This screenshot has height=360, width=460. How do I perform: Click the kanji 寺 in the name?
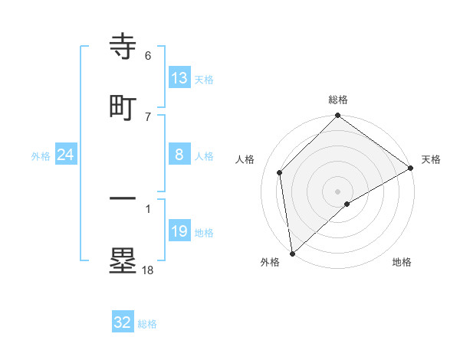(123, 47)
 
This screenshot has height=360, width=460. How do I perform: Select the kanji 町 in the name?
(123, 108)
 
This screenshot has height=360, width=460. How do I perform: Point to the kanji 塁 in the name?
(123, 260)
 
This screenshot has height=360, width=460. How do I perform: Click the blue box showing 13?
(179, 77)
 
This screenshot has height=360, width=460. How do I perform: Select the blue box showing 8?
(179, 154)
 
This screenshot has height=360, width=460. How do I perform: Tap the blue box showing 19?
(179, 231)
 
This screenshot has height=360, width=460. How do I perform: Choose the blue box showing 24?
(66, 155)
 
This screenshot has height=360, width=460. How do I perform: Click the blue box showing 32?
(123, 322)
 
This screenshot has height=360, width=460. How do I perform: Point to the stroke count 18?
(148, 270)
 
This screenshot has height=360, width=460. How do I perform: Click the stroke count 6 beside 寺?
(148, 56)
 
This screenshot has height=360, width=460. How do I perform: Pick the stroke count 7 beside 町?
(148, 116)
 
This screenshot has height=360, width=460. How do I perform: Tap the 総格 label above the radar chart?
(338, 100)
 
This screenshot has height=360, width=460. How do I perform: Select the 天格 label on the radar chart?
(431, 159)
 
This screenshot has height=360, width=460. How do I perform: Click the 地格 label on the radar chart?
(402, 263)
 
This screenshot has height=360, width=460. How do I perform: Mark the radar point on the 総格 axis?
(338, 116)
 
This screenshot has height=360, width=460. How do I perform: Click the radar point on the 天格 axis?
(411, 168)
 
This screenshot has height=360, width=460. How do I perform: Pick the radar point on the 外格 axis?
(292, 254)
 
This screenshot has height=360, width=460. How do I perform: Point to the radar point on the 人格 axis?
(280, 172)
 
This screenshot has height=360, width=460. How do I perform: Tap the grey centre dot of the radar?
(338, 191)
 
